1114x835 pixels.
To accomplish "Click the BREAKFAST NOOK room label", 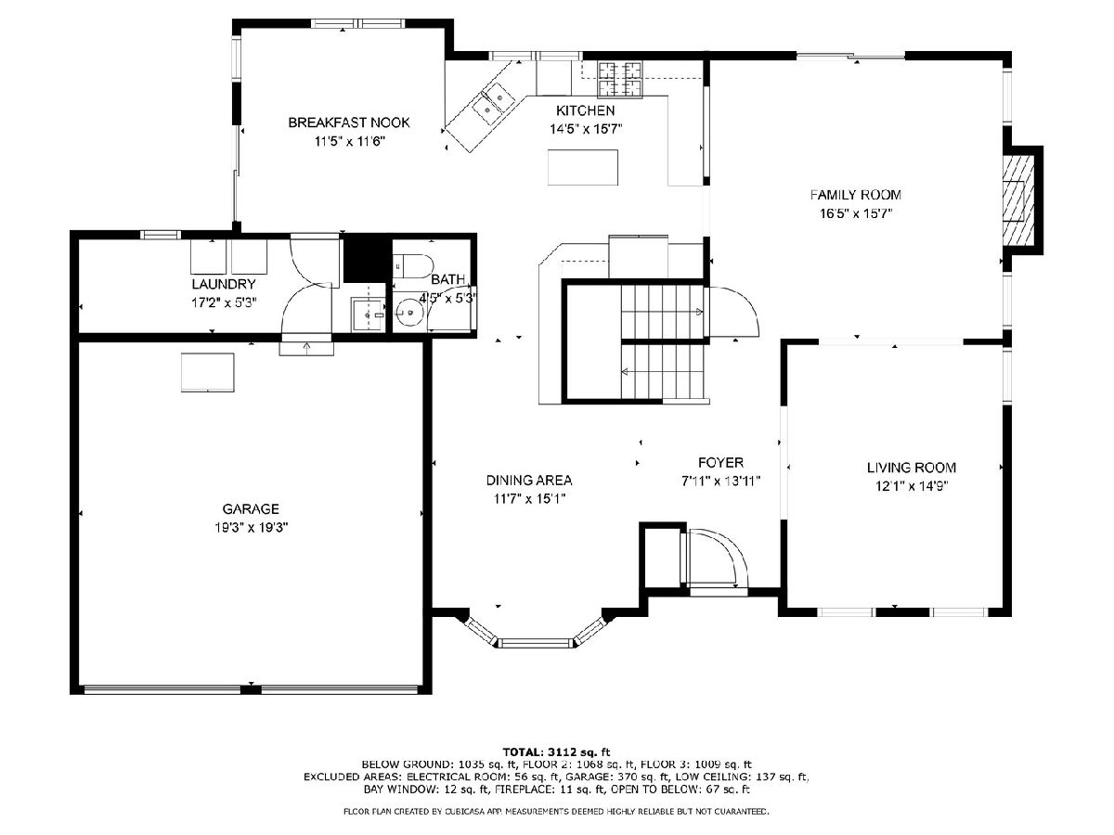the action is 349,122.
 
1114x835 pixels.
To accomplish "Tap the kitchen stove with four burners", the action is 620,79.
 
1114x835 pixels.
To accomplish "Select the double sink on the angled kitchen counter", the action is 490,103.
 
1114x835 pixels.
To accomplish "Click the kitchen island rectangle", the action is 583,167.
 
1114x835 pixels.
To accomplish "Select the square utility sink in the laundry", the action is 368,315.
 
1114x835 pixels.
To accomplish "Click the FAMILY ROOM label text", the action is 855,195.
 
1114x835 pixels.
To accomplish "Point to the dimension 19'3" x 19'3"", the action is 252,528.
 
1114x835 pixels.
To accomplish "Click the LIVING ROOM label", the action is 912,468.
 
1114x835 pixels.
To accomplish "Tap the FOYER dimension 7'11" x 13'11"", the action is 720,482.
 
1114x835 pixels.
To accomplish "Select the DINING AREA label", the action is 529,480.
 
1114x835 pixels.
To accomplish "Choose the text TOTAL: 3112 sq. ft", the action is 556,751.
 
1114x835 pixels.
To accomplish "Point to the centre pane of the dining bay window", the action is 535,643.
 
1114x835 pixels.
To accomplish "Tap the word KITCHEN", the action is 585,110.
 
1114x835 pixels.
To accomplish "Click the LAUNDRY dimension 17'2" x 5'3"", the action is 224,303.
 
